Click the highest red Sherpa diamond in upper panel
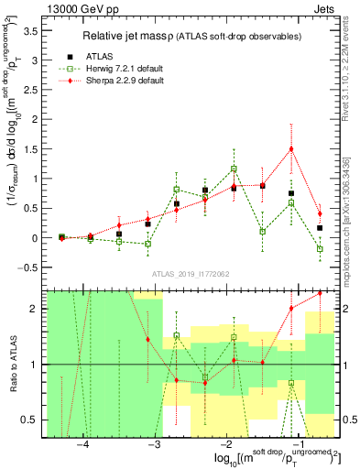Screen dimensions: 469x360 [x=291, y=148]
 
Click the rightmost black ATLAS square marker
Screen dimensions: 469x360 [x=320, y=227]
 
